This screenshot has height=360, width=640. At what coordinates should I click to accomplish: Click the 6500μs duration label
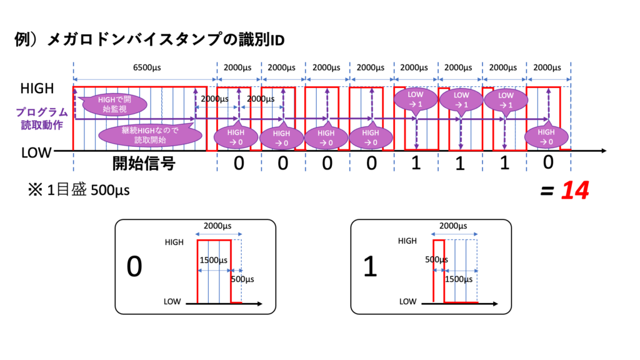tap(144, 67)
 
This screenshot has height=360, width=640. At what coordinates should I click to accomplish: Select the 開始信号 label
tap(144, 164)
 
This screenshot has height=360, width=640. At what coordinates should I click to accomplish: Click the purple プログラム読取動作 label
tap(42, 117)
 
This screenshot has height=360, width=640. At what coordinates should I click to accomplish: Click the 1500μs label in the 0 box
tap(212, 259)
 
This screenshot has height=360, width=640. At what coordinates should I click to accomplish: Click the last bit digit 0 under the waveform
tap(547, 164)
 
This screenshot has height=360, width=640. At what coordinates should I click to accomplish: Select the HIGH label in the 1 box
tap(407, 241)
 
